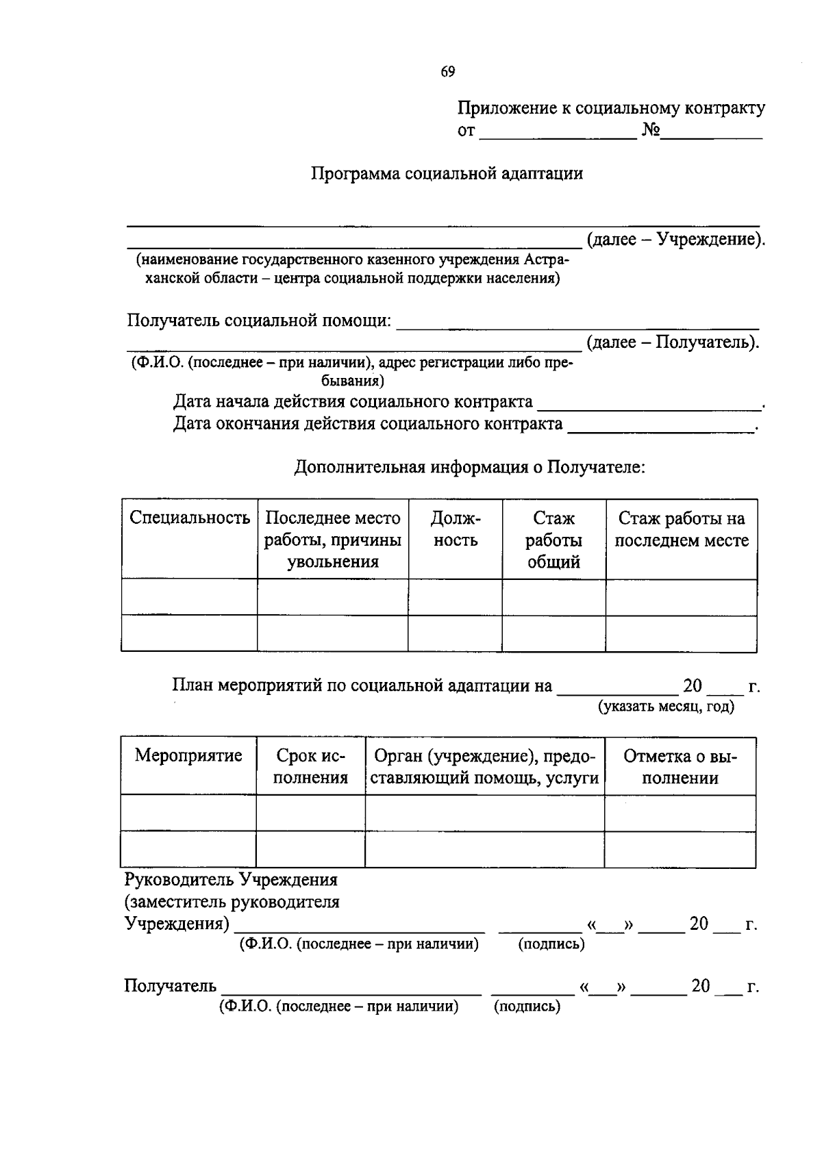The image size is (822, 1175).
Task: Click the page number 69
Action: pyautogui.click(x=448, y=72)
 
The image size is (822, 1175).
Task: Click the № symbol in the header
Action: pyautogui.click(x=650, y=130)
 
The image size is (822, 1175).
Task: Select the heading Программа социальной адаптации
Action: pyautogui.click(x=447, y=173)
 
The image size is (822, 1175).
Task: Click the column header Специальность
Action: pyautogui.click(x=190, y=518)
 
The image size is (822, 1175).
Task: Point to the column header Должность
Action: pyautogui.click(x=456, y=529)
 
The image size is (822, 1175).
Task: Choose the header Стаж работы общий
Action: pyautogui.click(x=553, y=540)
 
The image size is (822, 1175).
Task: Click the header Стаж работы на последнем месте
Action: pyautogui.click(x=681, y=529)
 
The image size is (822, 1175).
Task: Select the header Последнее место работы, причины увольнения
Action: pyautogui.click(x=333, y=540)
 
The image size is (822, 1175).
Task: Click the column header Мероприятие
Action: pyautogui.click(x=188, y=756)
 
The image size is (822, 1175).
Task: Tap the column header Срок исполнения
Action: pyautogui.click(x=310, y=767)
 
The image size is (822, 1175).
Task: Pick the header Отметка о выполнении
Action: pyautogui.click(x=680, y=767)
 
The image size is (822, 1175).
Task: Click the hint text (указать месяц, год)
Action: pyautogui.click(x=666, y=707)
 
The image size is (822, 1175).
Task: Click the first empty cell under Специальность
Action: pyautogui.click(x=190, y=597)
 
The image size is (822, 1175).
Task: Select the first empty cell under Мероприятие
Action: pyautogui.click(x=188, y=813)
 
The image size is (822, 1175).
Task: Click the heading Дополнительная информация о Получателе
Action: pyautogui.click(x=470, y=468)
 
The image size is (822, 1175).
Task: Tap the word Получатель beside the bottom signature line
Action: pyautogui.click(x=170, y=986)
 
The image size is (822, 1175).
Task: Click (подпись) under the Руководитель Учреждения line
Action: pyautogui.click(x=551, y=944)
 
